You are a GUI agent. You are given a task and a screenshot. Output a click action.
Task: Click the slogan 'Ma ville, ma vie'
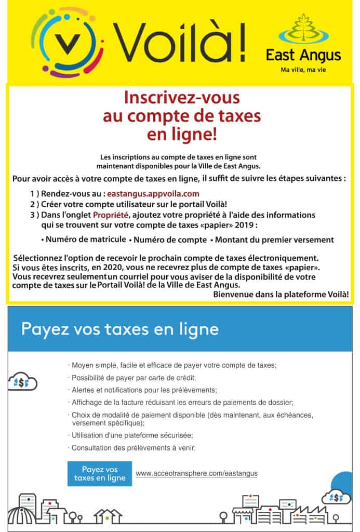click(x=304, y=69)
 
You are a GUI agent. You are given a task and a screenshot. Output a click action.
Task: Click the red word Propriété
click(x=111, y=215)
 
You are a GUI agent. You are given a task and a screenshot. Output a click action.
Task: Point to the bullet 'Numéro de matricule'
click(x=83, y=240)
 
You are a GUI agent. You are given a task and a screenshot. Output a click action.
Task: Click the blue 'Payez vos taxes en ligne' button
click(x=100, y=473)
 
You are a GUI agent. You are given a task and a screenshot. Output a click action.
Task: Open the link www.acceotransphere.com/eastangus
click(x=196, y=473)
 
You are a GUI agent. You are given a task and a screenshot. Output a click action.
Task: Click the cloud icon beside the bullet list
click(x=22, y=382)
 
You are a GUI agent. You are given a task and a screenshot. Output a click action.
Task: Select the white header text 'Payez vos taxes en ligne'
click(x=120, y=329)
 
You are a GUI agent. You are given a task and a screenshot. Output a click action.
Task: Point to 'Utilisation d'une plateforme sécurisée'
click(x=131, y=435)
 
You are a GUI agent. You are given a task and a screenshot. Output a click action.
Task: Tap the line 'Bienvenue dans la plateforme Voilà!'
click(x=281, y=294)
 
